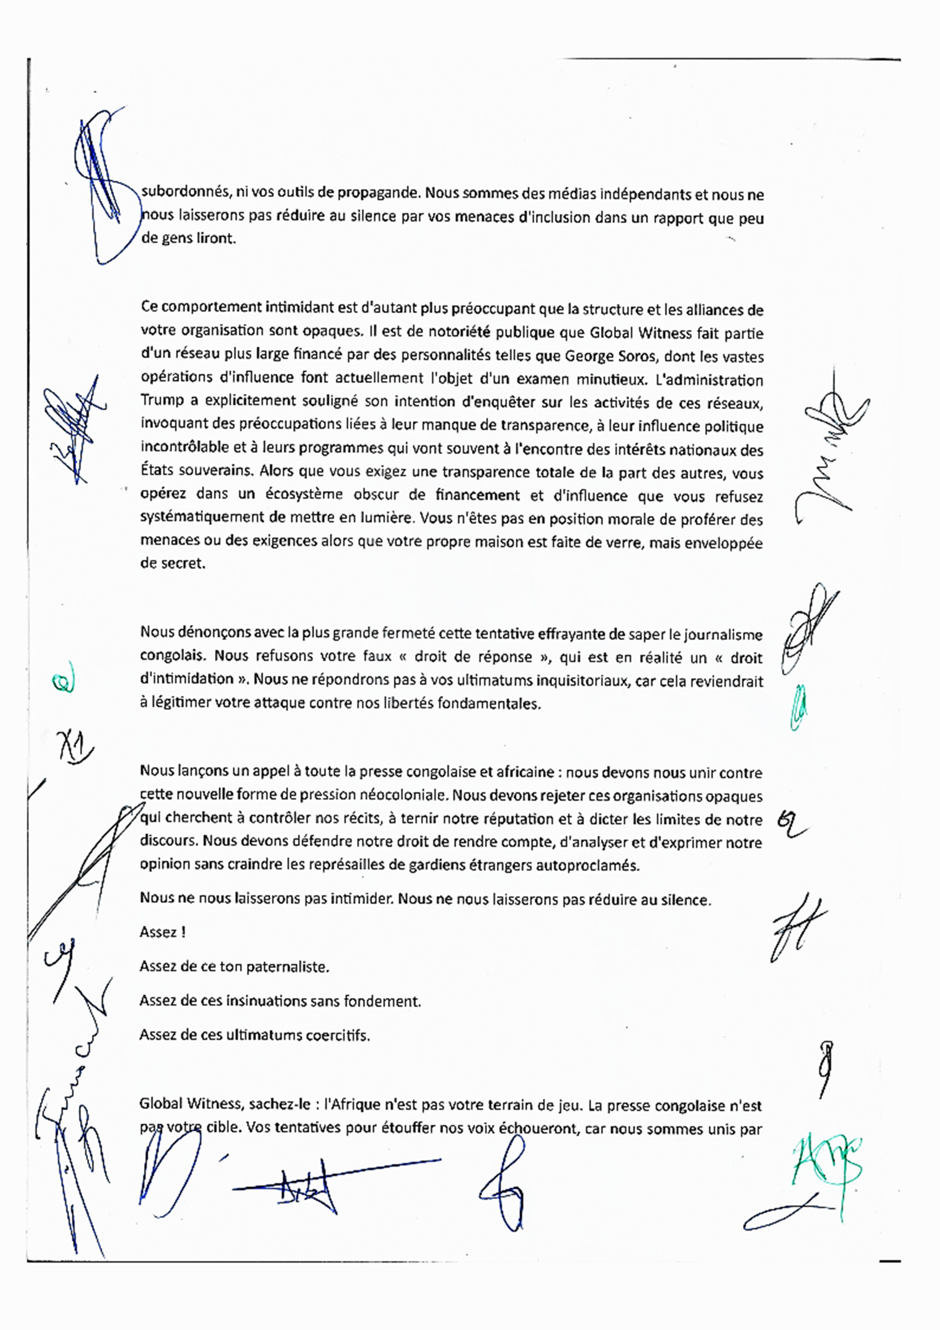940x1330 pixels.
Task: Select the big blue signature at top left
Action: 104,185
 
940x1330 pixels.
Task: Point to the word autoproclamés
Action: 587,865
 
